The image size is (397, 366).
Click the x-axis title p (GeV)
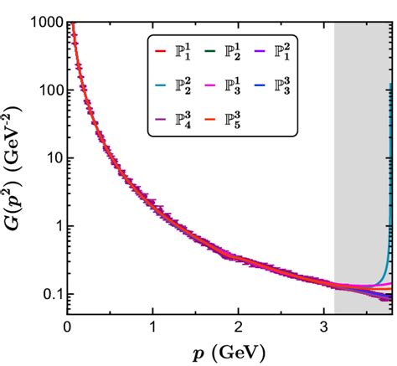coord(229,349)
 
